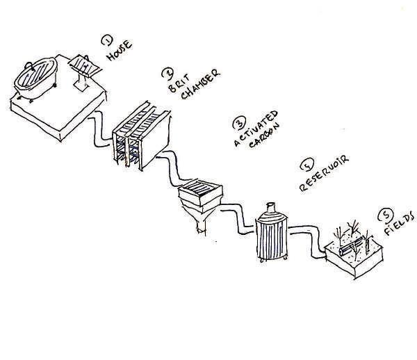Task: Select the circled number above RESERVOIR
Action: [304, 166]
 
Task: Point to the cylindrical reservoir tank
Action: [271, 235]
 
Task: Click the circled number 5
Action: [384, 216]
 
